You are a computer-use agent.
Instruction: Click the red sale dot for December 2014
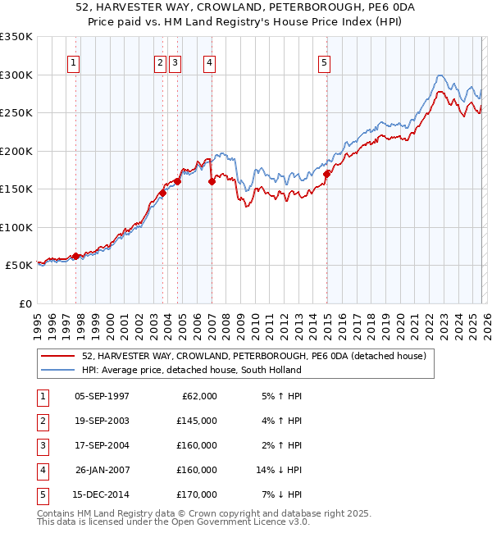[x=326, y=174]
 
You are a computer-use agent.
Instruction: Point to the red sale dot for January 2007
[x=212, y=182]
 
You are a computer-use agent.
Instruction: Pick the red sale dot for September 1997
[x=76, y=256]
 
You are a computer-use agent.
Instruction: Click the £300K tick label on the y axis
[x=16, y=75]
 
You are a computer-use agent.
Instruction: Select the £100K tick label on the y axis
[x=16, y=227]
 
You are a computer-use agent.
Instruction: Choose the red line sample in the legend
[x=58, y=357]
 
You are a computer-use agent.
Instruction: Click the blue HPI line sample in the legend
[x=58, y=370]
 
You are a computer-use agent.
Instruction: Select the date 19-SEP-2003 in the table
[x=102, y=421]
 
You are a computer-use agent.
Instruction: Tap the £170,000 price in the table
[x=198, y=494]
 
